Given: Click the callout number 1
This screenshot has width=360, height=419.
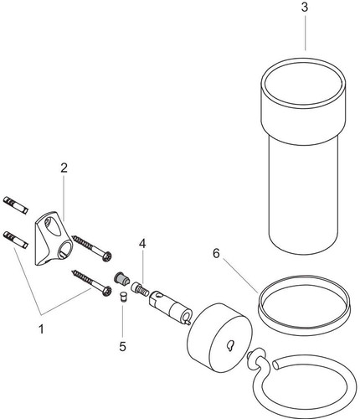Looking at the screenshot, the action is click(41, 329).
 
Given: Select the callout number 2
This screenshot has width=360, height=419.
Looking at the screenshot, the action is click(64, 168).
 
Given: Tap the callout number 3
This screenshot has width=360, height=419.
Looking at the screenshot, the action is click(305, 8).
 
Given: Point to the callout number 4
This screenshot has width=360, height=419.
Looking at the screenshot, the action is click(142, 244).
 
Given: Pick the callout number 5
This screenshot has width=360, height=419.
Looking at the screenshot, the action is click(123, 347).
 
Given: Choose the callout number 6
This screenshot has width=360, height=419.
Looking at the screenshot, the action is click(216, 254).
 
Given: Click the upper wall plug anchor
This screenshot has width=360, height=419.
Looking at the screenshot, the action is click(15, 205).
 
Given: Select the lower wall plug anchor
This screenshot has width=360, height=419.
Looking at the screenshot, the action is click(15, 240).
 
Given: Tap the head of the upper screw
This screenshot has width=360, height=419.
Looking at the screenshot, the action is click(107, 256).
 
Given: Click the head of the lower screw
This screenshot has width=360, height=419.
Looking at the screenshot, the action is click(107, 291).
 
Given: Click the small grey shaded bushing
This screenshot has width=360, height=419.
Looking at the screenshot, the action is click(121, 279).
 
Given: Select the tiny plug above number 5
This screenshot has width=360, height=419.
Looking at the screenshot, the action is click(122, 297).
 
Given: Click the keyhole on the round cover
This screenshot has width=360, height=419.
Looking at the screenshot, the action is click(230, 346).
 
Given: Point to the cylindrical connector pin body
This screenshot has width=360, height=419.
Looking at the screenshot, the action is click(171, 307).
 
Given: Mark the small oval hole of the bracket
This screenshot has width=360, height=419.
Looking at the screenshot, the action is click(51, 227).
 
